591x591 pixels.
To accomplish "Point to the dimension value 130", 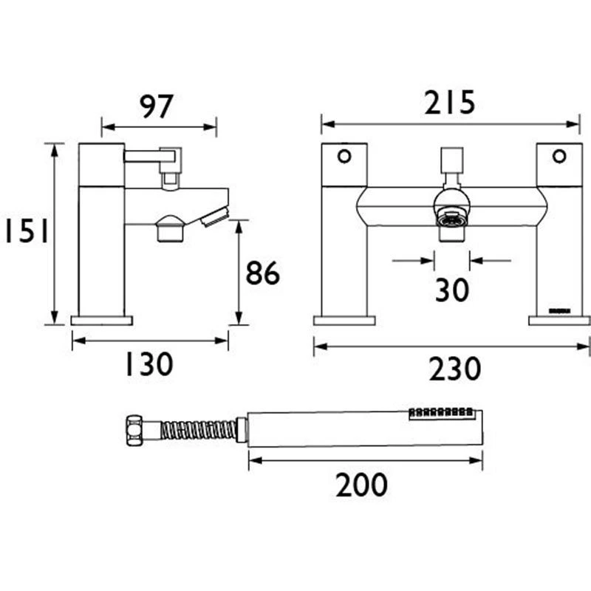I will coord(148,363).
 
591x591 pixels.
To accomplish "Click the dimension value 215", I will coord(449,103).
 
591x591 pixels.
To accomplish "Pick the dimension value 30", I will coord(451,290).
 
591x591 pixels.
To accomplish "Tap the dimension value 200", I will coord(361,485).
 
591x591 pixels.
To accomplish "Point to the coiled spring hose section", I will coord(198,429).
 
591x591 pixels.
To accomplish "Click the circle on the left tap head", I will coord(344,156).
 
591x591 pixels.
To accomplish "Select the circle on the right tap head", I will coord(559,156).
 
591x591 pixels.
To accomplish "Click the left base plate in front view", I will coord(344,321).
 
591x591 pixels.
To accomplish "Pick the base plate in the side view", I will coord(102,321).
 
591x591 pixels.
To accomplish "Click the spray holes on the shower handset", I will coord(440,412).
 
